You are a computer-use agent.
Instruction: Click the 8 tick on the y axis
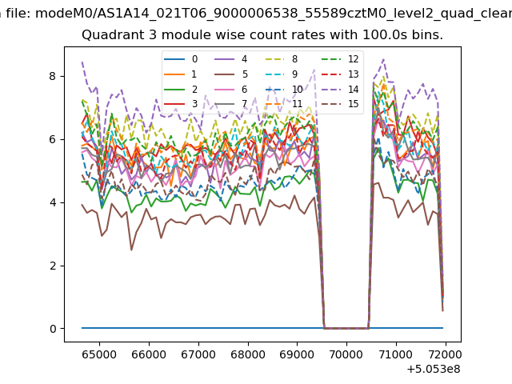pos(53,76)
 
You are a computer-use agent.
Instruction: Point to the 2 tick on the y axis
pos(53,266)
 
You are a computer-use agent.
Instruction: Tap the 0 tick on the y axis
pos(53,329)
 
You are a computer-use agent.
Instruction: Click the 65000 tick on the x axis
pos(99,353)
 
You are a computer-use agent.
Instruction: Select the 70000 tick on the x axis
pos(346,353)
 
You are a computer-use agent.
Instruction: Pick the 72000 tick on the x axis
pos(445,353)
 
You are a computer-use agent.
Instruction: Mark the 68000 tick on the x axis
pos(247,353)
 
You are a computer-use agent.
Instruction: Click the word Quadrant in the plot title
pos(110,35)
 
